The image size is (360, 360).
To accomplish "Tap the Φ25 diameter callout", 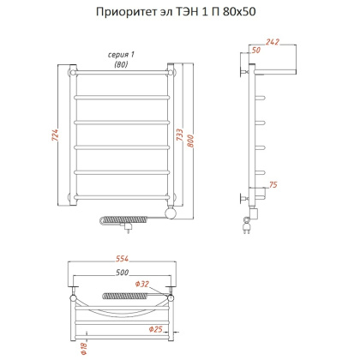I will coord(156,328).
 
